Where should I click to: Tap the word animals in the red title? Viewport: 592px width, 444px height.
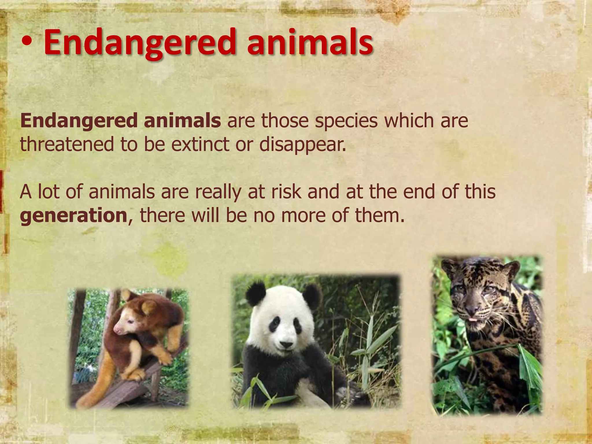pyautogui.click(x=310, y=43)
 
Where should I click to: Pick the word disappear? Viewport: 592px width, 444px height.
pyautogui.click(x=302, y=145)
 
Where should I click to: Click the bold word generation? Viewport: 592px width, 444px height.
pyautogui.click(x=74, y=216)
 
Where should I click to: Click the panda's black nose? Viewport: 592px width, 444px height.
pyautogui.click(x=286, y=345)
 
